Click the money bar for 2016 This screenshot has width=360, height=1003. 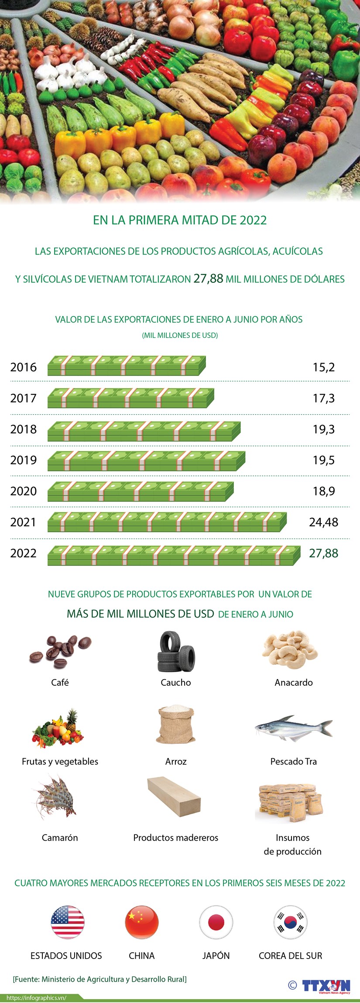click(127, 366)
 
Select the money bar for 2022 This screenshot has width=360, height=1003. click(174, 556)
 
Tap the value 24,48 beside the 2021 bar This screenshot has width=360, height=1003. click(323, 522)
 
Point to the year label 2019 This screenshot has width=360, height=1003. click(24, 460)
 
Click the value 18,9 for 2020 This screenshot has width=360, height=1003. click(324, 491)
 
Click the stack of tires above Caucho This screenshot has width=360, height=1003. click(176, 652)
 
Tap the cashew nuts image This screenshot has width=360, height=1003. click(290, 650)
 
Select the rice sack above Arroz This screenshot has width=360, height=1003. click(175, 725)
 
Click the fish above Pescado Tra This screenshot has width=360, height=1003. click(293, 728)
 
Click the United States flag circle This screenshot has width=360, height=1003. click(67, 922)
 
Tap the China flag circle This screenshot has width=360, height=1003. click(142, 922)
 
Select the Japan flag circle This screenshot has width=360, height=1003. click(216, 922)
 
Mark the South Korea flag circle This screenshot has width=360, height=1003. click(290, 922)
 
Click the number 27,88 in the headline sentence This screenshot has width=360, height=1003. click(208, 278)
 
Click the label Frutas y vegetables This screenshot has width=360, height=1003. click(60, 762)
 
